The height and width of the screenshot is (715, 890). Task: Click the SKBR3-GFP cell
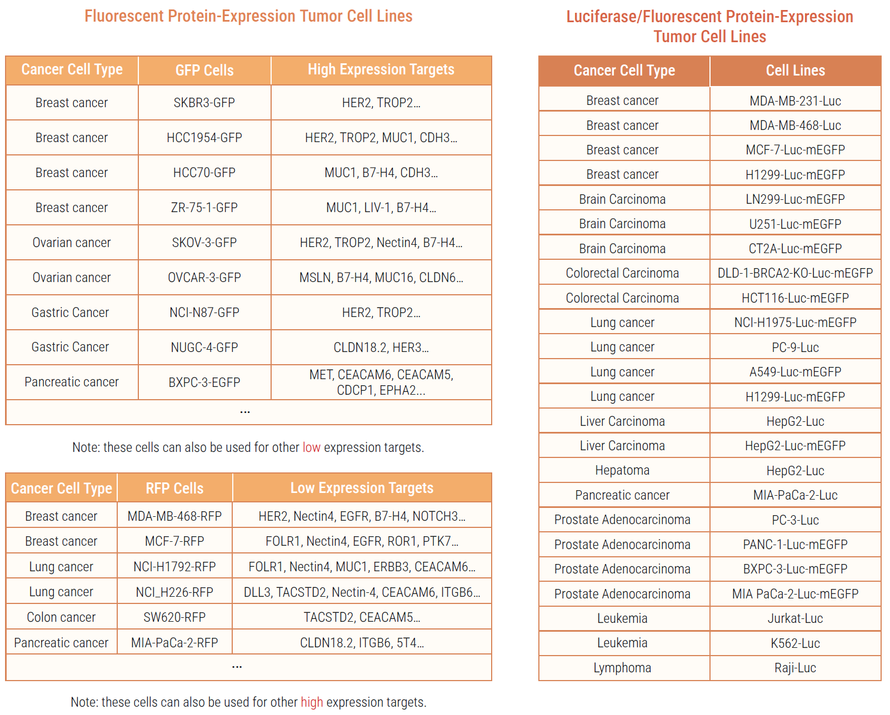pyautogui.click(x=204, y=103)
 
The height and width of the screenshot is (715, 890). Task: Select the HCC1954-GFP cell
pyautogui.click(x=204, y=138)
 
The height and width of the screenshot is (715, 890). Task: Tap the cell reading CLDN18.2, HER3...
pyautogui.click(x=381, y=348)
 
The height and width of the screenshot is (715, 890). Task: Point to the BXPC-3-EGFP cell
pyautogui.click(x=204, y=382)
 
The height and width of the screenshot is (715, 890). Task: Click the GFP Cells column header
pyautogui.click(x=204, y=71)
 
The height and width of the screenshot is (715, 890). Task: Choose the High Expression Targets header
pyautogui.click(x=381, y=70)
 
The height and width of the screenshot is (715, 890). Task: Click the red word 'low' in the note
pyautogui.click(x=311, y=447)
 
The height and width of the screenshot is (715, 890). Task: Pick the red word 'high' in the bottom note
pyautogui.click(x=312, y=702)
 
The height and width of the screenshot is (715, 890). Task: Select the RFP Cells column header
pyautogui.click(x=174, y=489)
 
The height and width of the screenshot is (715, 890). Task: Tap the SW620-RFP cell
pyautogui.click(x=174, y=617)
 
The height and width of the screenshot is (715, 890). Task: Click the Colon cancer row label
pyautogui.click(x=61, y=617)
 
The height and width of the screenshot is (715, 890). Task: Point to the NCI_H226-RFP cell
pyautogui.click(x=174, y=592)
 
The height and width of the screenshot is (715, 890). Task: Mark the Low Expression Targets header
pyautogui.click(x=362, y=488)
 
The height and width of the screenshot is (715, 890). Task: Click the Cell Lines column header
pyautogui.click(x=795, y=71)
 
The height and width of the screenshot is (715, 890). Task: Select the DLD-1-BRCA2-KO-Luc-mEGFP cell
pyautogui.click(x=795, y=273)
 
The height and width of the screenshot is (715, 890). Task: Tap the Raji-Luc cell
pyautogui.click(x=795, y=668)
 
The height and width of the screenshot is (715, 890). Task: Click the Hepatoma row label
pyautogui.click(x=622, y=470)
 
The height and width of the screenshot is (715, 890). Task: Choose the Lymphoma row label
pyautogui.click(x=622, y=668)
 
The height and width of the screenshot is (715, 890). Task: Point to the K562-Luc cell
pyautogui.click(x=795, y=643)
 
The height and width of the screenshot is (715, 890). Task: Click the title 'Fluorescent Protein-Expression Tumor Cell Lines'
pyautogui.click(x=248, y=16)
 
